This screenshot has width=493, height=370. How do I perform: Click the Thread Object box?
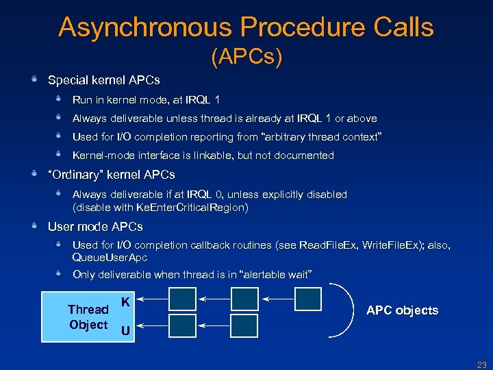(x=78, y=317)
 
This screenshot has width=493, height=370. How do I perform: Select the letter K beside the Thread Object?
(x=125, y=301)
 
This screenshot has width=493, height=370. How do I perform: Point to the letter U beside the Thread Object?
(x=125, y=332)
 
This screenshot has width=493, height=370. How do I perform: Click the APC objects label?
(x=402, y=310)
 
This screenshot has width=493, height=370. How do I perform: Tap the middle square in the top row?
(x=244, y=299)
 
